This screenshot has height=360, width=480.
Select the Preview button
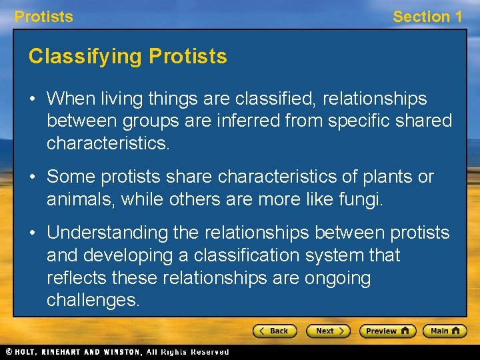click(x=387, y=331)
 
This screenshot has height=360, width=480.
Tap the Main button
click(x=445, y=331)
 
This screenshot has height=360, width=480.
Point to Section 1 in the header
click(x=427, y=17)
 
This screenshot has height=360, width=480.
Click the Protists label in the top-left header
click(x=44, y=17)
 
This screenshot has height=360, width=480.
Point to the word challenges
click(x=93, y=301)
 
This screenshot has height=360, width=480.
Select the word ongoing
click(x=337, y=278)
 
